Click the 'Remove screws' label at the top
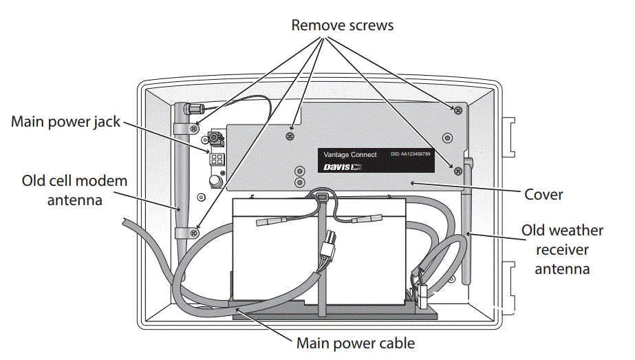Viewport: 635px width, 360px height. [x=342, y=25]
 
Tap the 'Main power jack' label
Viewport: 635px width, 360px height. [x=65, y=122]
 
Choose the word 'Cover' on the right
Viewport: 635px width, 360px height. [x=543, y=195]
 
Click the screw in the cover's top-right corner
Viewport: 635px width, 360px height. [x=456, y=109]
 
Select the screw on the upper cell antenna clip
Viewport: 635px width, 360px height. [x=195, y=128]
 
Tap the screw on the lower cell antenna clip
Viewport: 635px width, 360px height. [x=195, y=233]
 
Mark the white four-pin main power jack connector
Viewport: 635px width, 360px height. [x=216, y=159]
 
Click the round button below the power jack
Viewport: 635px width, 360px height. [x=215, y=181]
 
